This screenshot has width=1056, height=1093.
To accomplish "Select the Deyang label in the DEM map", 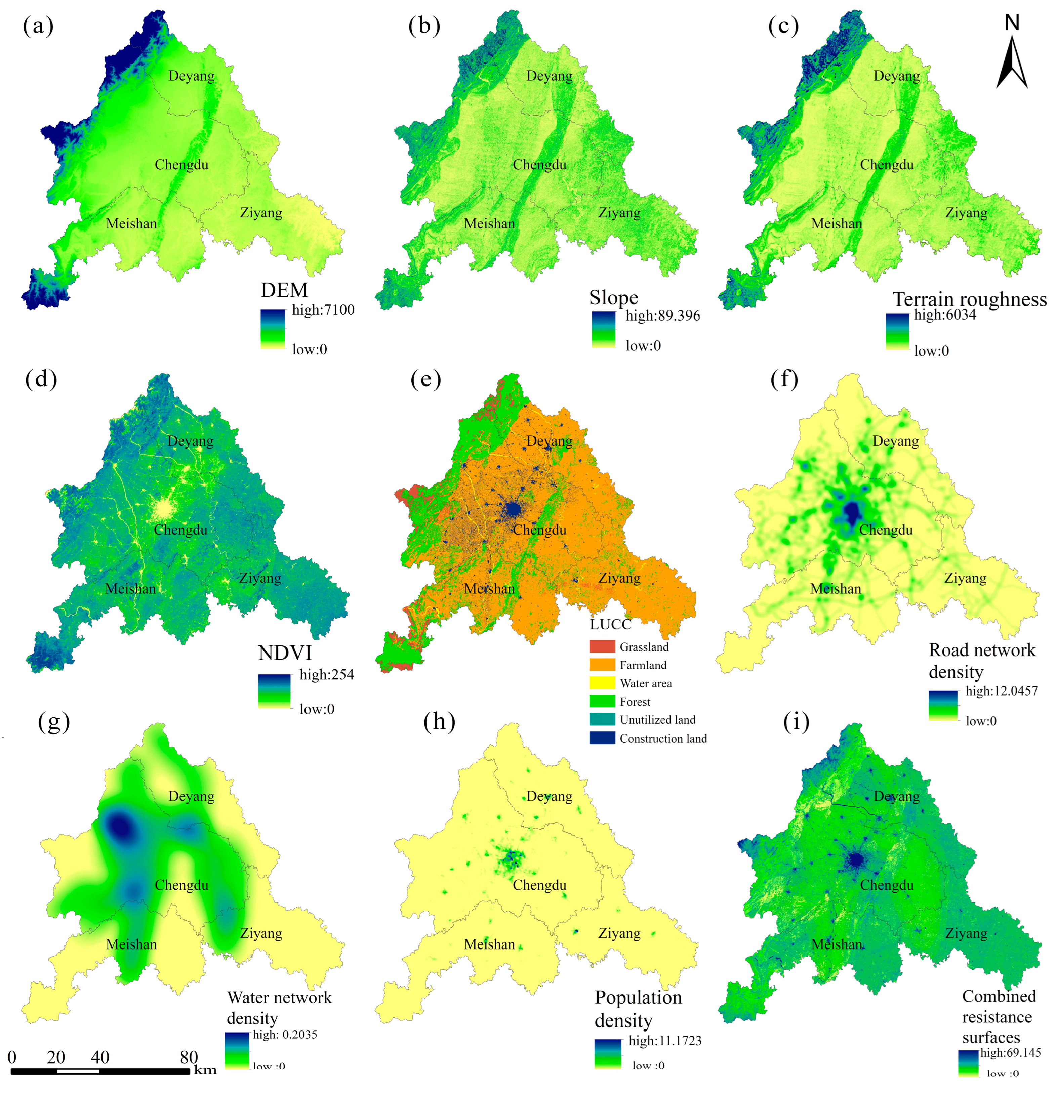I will pyautogui.click(x=191, y=76).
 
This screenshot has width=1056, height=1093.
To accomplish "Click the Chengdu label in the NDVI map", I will pyautogui.click(x=180, y=530).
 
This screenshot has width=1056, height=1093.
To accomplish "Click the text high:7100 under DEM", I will pyautogui.click(x=323, y=310).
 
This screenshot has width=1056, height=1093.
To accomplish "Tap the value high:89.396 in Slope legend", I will pyautogui.click(x=662, y=316).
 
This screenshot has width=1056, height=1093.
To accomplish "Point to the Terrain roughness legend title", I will pyautogui.click(x=970, y=299).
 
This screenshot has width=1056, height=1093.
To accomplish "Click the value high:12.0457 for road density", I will pyautogui.click(x=1001, y=691).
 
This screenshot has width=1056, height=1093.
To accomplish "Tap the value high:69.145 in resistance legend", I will pyautogui.click(x=1010, y=1052).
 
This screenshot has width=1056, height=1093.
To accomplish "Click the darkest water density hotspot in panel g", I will pyautogui.click(x=119, y=827).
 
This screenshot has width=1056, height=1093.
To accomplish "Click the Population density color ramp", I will pyautogui.click(x=608, y=1053).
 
